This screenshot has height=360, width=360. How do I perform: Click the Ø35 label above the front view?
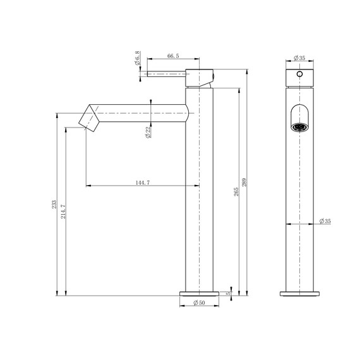click(x=299, y=59)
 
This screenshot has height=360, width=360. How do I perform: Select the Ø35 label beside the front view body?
click(x=325, y=221)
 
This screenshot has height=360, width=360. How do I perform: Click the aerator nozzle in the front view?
click(x=299, y=125)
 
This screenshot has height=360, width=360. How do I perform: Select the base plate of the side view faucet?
click(x=200, y=293)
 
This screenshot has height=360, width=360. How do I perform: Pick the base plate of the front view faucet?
click(x=299, y=293)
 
